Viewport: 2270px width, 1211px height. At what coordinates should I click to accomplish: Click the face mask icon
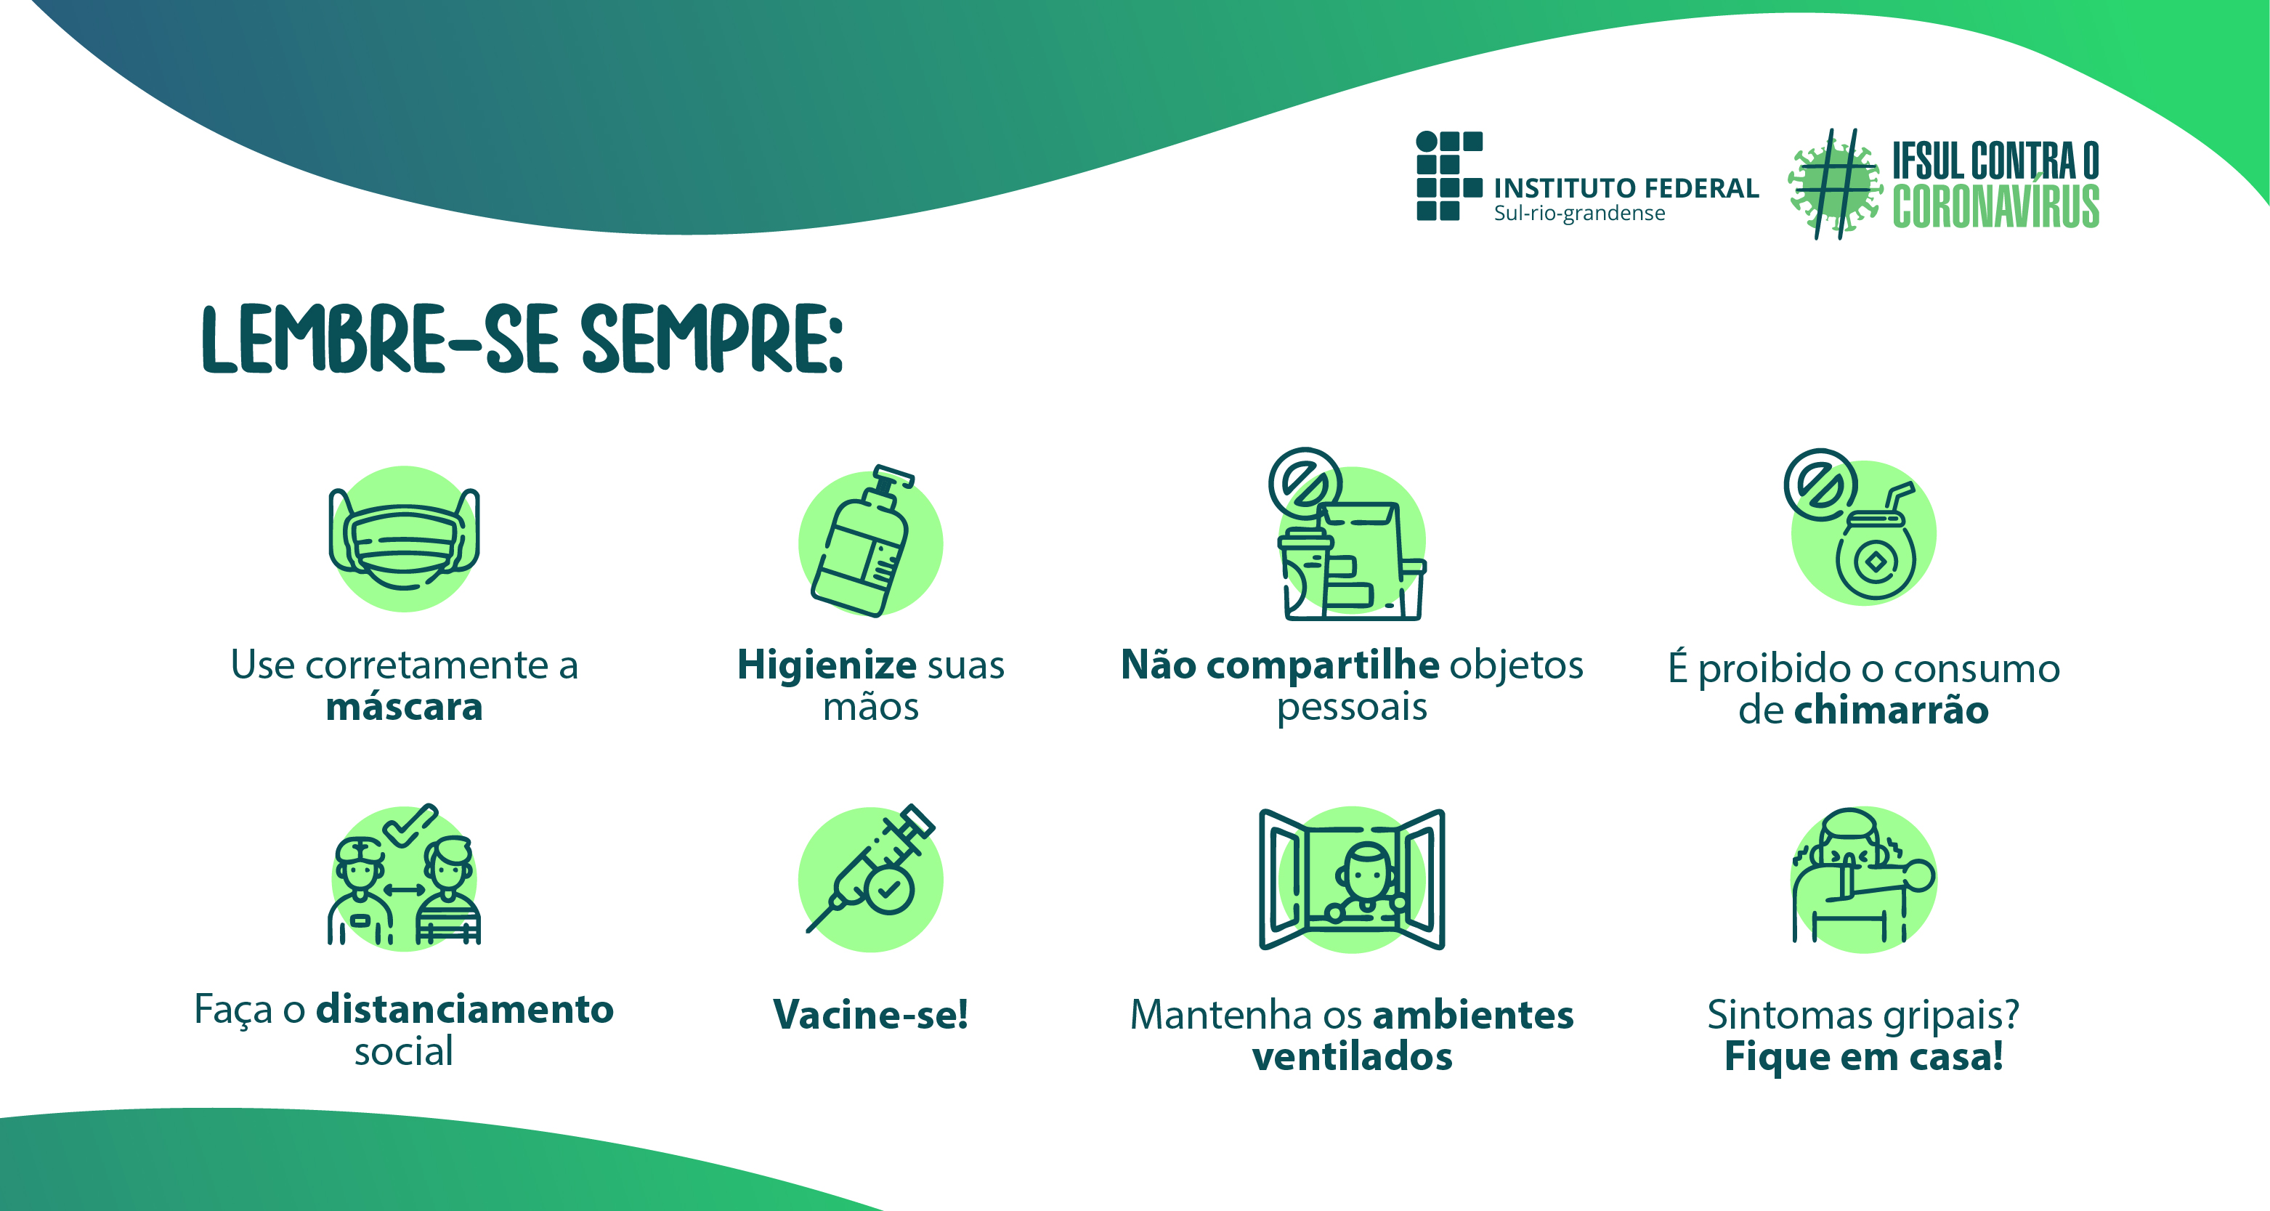tap(405, 538)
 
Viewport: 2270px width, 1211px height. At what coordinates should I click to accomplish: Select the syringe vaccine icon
tap(871, 868)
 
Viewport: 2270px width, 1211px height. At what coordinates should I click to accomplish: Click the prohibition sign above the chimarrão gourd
tap(1820, 485)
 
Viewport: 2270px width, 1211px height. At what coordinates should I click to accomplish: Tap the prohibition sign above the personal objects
tap(1305, 484)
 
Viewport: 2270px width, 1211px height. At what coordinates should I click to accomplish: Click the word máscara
tap(405, 707)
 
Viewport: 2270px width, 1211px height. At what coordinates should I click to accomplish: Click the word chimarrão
tap(1891, 710)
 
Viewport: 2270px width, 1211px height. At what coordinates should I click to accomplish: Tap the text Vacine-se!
tap(871, 1013)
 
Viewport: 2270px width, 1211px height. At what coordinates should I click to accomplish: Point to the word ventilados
tap(1352, 1056)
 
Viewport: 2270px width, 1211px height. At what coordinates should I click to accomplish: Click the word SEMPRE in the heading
tap(712, 339)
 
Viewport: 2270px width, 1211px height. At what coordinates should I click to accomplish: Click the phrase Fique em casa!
tap(1864, 1056)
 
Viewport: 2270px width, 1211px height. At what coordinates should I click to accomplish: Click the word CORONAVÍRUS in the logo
tap(1996, 207)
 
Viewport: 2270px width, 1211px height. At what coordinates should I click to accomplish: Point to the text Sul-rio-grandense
tap(1579, 214)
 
